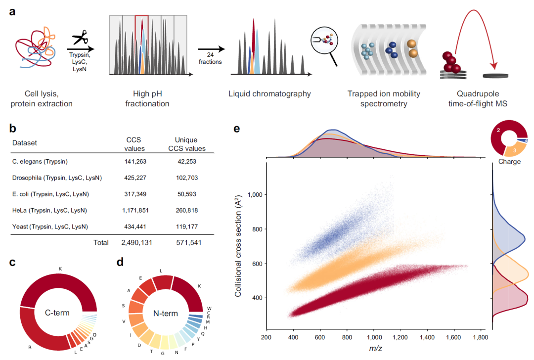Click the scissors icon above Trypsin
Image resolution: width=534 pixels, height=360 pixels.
pos(80,37)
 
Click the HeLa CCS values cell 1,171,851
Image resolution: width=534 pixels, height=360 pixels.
pos(135,210)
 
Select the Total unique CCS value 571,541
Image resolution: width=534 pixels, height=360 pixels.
pos(189,242)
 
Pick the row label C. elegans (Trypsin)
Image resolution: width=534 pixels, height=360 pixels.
pos(40,161)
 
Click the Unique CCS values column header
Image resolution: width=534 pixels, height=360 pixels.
pos(186,144)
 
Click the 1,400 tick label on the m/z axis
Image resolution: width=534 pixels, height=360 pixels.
pos(427,337)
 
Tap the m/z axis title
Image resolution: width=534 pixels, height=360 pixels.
pos(376,348)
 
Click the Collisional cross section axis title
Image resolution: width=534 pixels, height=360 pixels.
pos(238,246)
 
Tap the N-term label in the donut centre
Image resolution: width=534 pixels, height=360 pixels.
pos(166,314)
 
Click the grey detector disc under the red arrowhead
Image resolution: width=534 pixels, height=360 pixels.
pos(495,76)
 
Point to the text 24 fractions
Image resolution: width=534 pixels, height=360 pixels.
pos(210,58)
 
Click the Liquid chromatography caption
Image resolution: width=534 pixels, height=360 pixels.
pos(269,93)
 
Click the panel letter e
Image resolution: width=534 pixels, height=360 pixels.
pos(237,129)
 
